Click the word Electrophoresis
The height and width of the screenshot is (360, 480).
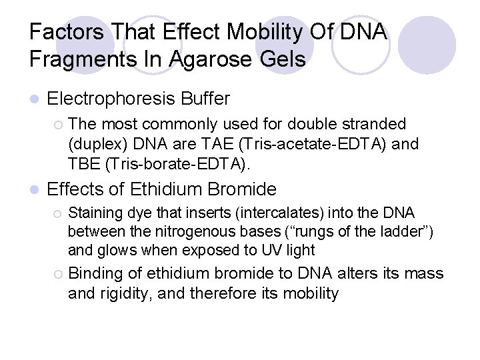click(112, 99)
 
